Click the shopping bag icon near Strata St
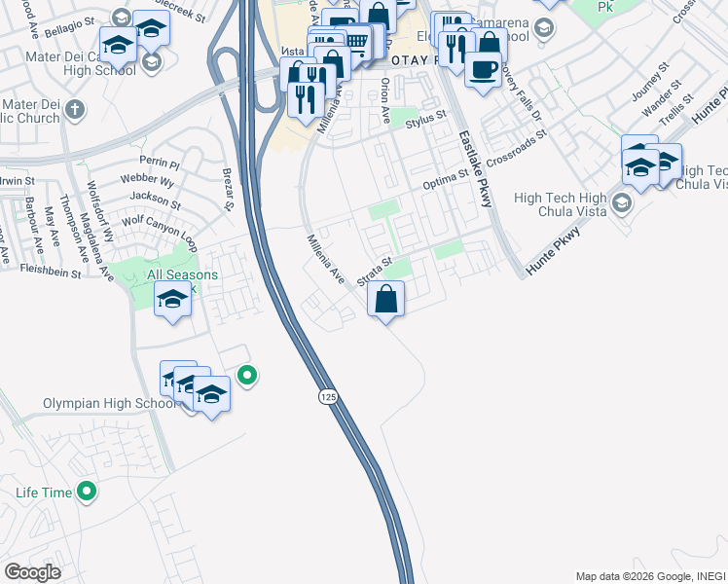(386, 299)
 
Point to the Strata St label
(374, 271)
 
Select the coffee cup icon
(484, 70)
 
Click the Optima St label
(446, 184)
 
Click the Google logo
(32, 571)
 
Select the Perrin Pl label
(160, 161)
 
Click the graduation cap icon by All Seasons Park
(172, 299)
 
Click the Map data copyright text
(650, 576)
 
